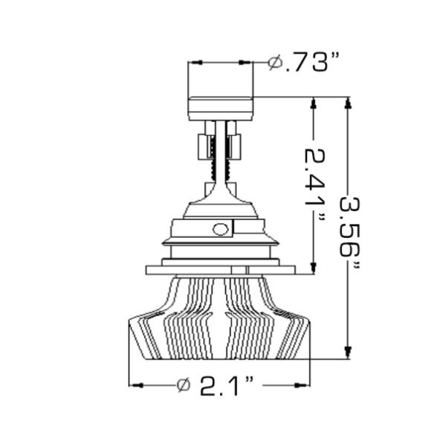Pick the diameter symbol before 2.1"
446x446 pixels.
click(184, 385)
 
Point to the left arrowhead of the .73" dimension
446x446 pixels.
click(195, 64)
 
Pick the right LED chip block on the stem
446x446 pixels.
click(235, 145)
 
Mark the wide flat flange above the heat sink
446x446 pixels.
click(220, 270)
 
